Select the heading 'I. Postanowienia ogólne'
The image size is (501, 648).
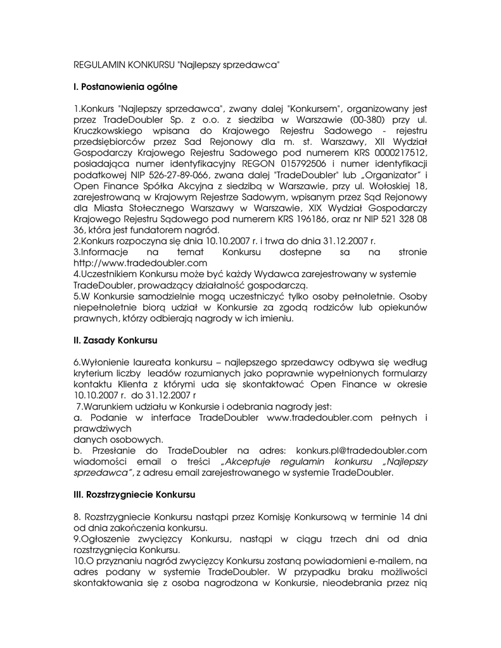(x=126, y=86)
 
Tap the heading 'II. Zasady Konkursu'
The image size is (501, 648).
(x=115, y=340)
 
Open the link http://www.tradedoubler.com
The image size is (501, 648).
(x=141, y=262)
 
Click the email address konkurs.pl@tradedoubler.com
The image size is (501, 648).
(x=362, y=450)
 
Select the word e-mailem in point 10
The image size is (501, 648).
(x=390, y=561)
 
